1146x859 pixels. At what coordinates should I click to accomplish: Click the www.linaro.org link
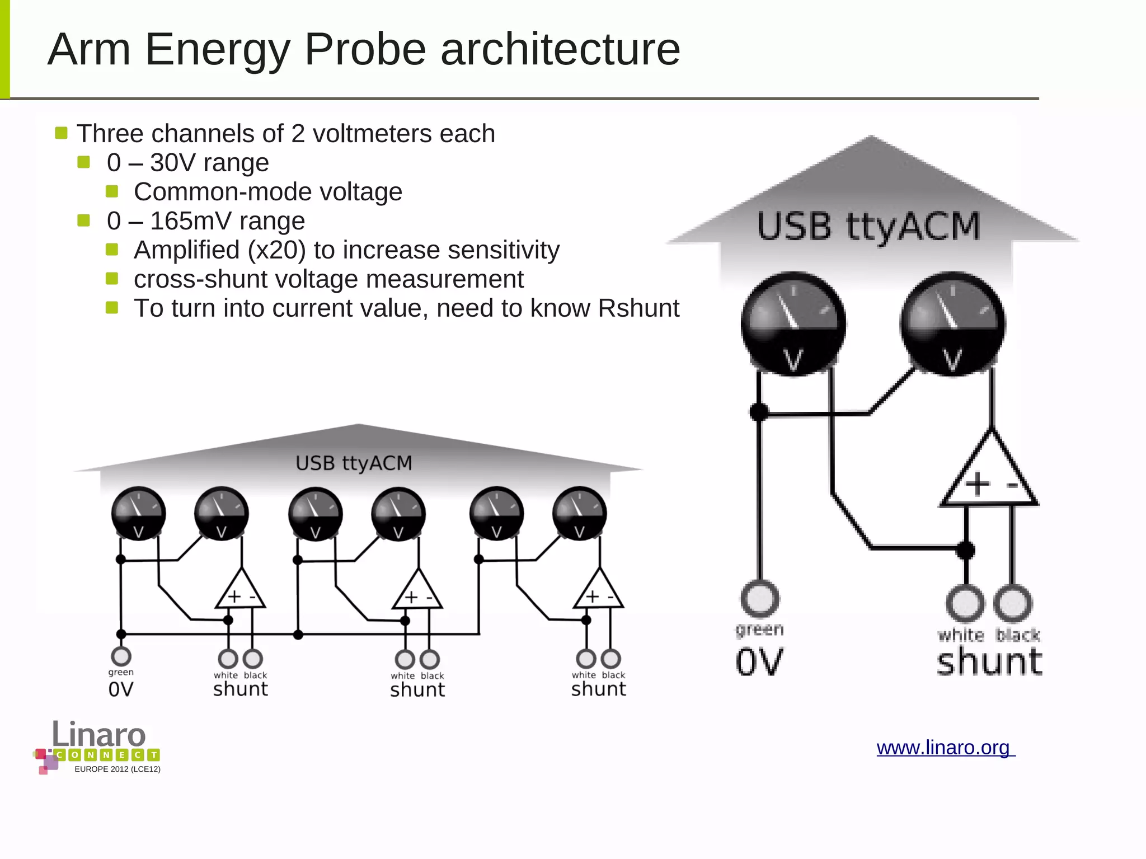pos(945,748)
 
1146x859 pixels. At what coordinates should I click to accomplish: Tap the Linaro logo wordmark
pos(99,734)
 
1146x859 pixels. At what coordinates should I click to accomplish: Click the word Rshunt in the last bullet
pos(638,308)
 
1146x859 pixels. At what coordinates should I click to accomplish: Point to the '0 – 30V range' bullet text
pos(188,163)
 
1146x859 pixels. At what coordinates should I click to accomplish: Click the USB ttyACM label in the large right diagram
pos(868,227)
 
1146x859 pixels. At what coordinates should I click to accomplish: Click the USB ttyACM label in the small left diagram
pos(354,463)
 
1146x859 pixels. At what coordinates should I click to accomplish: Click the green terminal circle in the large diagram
pos(759,598)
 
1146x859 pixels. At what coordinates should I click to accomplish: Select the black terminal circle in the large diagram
pos(1013,603)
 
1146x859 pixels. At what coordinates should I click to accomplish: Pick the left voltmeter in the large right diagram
pos(793,323)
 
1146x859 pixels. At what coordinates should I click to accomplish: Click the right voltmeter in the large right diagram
pos(952,323)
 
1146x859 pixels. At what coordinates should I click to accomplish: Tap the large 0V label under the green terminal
pos(759,662)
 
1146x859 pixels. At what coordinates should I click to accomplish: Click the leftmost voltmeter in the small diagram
pos(138,513)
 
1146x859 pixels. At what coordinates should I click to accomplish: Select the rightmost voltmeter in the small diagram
pos(579,513)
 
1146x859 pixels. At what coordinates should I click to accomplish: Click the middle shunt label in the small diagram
pos(417,689)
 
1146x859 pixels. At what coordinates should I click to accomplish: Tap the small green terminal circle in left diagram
pos(121,656)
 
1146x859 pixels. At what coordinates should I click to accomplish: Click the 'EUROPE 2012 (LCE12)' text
pos(118,769)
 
